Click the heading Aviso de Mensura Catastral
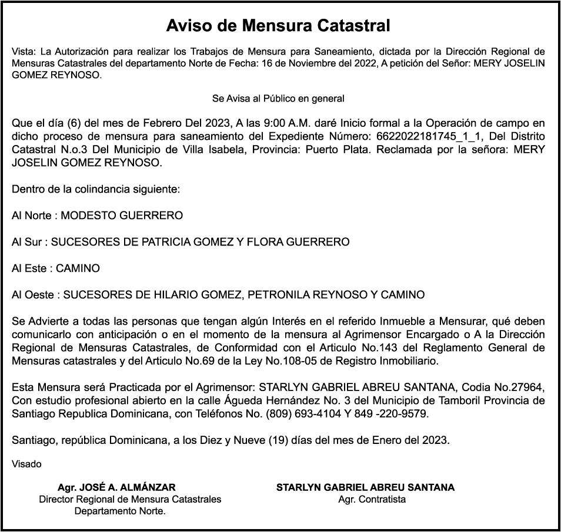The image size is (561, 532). (278, 26)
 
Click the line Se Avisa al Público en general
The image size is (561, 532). (278, 98)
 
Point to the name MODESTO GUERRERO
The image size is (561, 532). (122, 216)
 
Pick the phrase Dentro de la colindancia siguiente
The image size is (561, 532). (95, 190)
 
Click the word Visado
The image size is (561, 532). (26, 464)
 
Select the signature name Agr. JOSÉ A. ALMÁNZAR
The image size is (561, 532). (116, 487)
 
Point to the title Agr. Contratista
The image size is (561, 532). (372, 500)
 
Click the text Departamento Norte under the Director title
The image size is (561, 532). (119, 511)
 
